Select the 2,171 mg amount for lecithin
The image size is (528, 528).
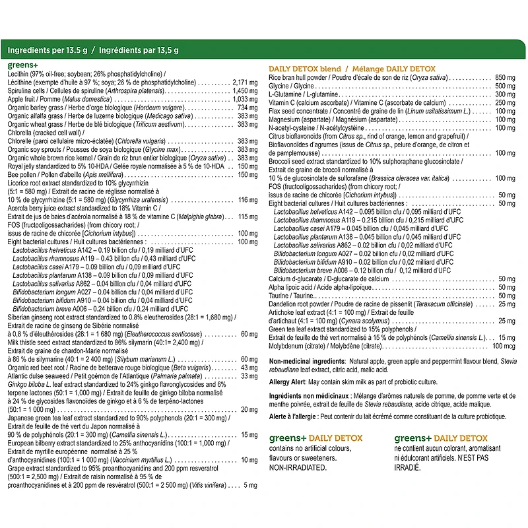pyautogui.click(x=245, y=82)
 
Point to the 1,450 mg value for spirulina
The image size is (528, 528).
pyautogui.click(x=245, y=90)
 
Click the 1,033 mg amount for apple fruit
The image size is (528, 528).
pyautogui.click(x=245, y=99)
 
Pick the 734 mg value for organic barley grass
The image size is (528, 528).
pyautogui.click(x=247, y=108)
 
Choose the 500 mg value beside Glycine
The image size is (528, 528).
pyautogui.click(x=505, y=86)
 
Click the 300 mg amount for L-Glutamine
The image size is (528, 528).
pyautogui.click(x=505, y=94)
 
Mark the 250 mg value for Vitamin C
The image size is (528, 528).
pyautogui.click(x=505, y=103)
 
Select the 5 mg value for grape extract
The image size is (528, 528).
pyautogui.click(x=250, y=486)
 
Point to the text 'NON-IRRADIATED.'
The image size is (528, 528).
pyautogui.click(x=298, y=467)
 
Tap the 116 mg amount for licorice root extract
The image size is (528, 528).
pyautogui.click(x=247, y=199)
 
